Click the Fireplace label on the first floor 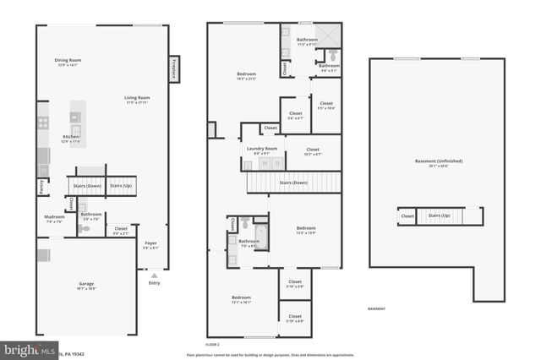pyautogui.click(x=173, y=70)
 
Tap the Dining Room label pyautogui.click(x=68, y=62)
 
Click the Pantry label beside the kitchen pyautogui.click(x=41, y=187)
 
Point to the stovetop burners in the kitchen pyautogui.click(x=42, y=122)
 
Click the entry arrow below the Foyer pyautogui.click(x=153, y=275)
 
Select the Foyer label pyautogui.click(x=150, y=245)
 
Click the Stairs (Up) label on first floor pyautogui.click(x=121, y=185)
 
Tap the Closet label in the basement pyautogui.click(x=407, y=216)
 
